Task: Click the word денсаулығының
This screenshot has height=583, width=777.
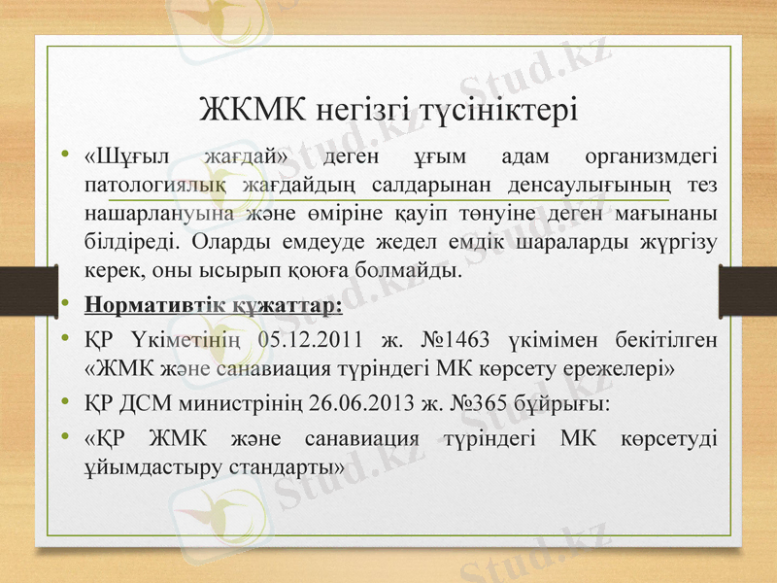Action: (x=575, y=185)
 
